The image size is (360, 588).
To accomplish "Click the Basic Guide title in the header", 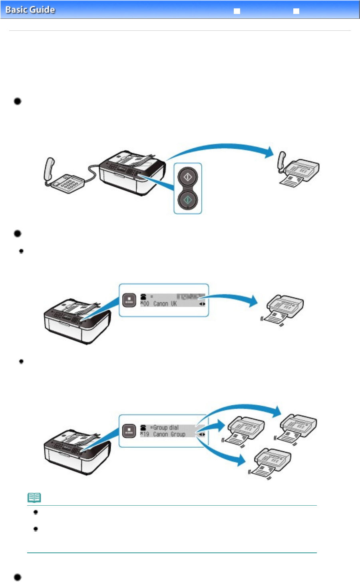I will [30, 10].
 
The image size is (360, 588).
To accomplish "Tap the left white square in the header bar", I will [237, 11].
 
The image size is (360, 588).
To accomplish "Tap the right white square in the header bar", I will [296, 11].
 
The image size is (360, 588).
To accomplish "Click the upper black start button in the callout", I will [187, 177].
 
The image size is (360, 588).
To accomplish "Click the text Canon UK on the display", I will [165, 304].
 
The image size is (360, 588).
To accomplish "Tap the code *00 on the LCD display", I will [144, 304].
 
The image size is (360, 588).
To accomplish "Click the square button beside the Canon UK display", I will [129, 300].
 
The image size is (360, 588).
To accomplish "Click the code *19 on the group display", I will [144, 434].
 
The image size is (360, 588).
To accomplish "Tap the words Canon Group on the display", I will [169, 434].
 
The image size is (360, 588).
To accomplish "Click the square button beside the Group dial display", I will [129, 431].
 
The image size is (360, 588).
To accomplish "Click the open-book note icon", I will [34, 498].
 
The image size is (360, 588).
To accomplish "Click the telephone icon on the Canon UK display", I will [143, 297].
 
